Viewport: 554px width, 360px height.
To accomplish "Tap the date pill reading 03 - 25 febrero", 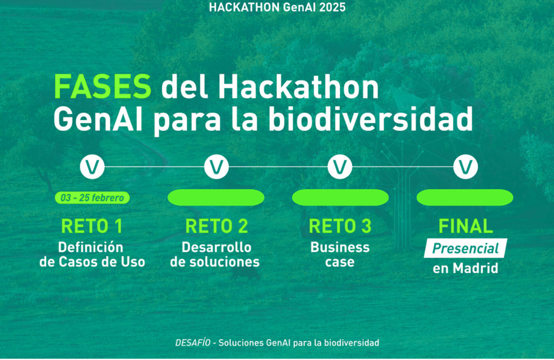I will click(92, 197).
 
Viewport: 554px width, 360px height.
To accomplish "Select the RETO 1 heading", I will click(92, 227).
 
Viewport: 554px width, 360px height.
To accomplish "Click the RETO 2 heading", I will click(217, 227).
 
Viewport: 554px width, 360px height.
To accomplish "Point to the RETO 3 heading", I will click(340, 227).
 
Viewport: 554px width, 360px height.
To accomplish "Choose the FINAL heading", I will click(465, 227).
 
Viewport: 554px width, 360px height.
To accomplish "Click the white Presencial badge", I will click(465, 248).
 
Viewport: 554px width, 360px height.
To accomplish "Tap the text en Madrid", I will click(465, 268).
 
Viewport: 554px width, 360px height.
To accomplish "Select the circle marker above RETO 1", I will click(92, 167).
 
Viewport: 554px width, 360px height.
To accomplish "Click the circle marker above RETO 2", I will click(217, 167).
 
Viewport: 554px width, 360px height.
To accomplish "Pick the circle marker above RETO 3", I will click(340, 167).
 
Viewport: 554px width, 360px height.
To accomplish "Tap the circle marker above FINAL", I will click(465, 167).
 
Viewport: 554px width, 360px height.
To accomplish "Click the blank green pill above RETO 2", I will click(217, 197).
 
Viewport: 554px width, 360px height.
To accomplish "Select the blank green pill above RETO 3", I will click(340, 197).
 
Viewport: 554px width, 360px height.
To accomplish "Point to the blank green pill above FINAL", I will click(465, 197).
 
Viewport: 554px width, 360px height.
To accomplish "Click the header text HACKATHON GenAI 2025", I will click(277, 8).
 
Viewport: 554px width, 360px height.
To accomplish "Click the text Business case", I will click(340, 255).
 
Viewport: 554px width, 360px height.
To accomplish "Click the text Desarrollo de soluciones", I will click(217, 255).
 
